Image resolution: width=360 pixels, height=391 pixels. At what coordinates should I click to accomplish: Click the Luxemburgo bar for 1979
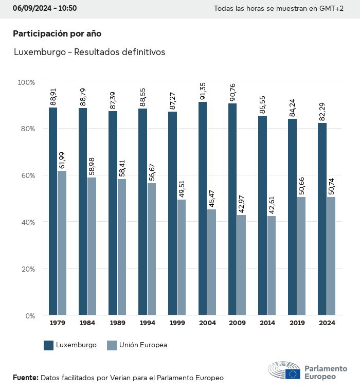point(53,211)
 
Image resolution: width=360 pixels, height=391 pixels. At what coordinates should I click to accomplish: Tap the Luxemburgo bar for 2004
point(203,208)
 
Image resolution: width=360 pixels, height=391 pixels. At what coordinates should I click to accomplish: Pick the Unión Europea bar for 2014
point(271,265)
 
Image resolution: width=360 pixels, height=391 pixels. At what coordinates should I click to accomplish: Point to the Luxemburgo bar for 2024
point(322,219)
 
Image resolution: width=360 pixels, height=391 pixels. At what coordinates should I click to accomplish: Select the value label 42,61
point(271,206)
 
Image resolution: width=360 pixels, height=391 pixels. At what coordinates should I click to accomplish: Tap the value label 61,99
point(62,161)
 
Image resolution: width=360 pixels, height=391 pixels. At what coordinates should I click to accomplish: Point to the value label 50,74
point(331,187)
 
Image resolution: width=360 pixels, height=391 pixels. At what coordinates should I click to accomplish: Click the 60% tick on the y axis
point(27,175)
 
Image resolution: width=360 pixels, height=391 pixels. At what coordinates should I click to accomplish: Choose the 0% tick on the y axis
point(29,315)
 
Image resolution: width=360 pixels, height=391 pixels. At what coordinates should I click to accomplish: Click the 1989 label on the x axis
point(117,323)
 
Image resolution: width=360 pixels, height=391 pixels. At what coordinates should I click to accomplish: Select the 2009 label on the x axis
point(237,323)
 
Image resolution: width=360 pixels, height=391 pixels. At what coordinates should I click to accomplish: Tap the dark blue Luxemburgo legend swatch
point(49,345)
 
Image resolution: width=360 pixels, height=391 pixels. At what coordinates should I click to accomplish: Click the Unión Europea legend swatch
point(111,345)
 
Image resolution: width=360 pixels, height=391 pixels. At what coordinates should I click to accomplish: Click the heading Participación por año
point(57,33)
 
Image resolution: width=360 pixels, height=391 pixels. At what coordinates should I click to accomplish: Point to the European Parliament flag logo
point(293,374)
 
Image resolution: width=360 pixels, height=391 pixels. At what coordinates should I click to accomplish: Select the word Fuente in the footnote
point(25,378)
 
